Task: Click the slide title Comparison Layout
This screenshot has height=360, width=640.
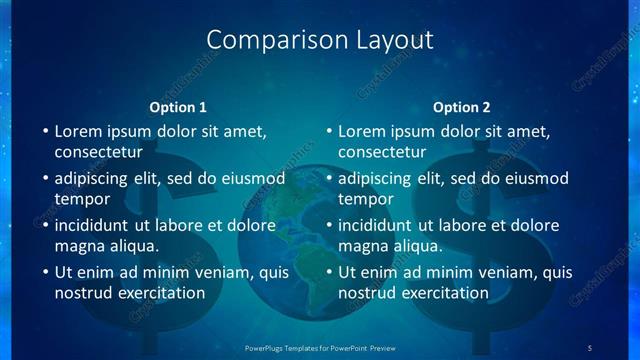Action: pos(319,40)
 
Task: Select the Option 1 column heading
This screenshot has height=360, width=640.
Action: pos(178,107)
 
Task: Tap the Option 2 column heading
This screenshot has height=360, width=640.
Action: pos(461,107)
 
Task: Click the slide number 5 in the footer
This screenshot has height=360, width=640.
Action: pos(590,347)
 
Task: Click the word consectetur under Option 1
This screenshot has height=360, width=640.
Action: pos(98,152)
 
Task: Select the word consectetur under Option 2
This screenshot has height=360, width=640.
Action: pos(382,152)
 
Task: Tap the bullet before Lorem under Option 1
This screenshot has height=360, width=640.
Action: pos(43,131)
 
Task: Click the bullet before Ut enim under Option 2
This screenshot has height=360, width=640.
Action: pos(327,272)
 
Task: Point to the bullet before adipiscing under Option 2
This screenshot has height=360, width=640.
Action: pos(327,178)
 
